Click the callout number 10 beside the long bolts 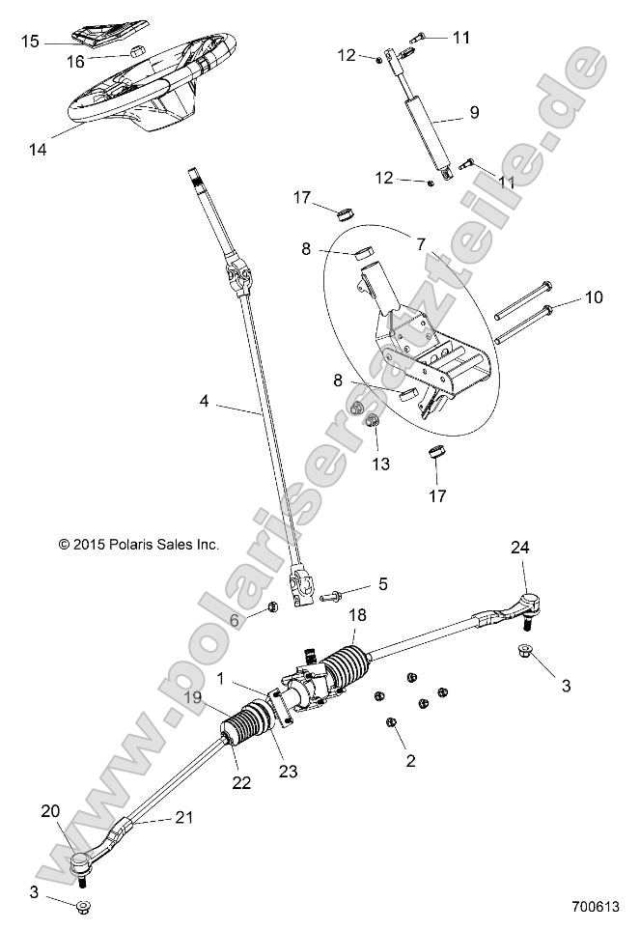pyautogui.click(x=593, y=297)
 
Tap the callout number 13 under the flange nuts pyautogui.click(x=380, y=464)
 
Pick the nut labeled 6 pyautogui.click(x=272, y=606)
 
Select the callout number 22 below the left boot pyautogui.click(x=240, y=782)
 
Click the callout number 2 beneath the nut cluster pyautogui.click(x=410, y=761)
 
